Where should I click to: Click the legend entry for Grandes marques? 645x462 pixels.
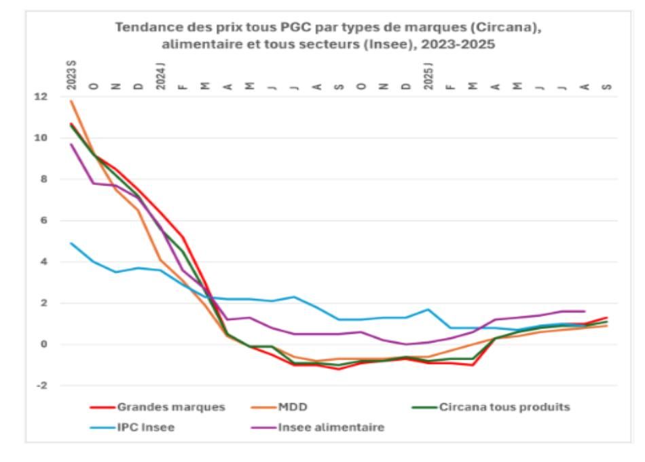point(158,407)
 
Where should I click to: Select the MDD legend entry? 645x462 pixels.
point(279,407)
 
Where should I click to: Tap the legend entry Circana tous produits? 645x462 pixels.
point(491,407)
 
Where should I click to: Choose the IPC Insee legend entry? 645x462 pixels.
point(132,427)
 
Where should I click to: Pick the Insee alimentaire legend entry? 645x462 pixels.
point(318,427)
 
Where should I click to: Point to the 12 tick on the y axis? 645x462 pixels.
point(41,97)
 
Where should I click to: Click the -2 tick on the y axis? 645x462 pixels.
point(42,386)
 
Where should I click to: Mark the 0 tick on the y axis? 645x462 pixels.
point(44,344)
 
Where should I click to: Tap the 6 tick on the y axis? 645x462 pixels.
point(44,221)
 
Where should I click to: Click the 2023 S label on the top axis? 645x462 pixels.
point(71,75)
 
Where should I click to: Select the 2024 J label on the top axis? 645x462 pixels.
point(161,76)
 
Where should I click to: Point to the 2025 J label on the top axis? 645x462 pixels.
point(428,76)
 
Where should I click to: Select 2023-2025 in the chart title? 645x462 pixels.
point(458,44)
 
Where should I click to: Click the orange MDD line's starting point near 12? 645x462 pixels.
point(71,101)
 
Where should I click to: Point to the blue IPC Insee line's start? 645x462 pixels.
point(71,243)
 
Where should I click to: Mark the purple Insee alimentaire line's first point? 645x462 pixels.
point(71,144)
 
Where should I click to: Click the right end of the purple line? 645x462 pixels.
point(585,311)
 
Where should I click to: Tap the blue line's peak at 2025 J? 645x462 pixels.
point(428,309)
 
